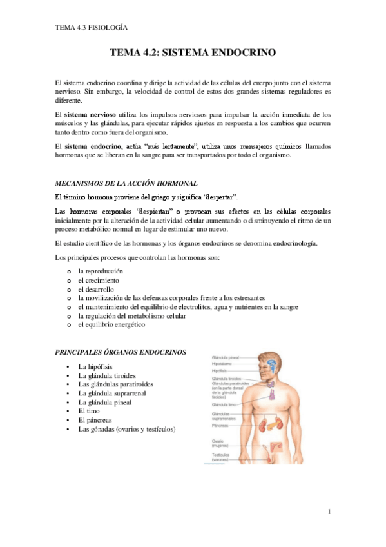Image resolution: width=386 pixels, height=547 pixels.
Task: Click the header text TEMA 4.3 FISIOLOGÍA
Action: [91, 28]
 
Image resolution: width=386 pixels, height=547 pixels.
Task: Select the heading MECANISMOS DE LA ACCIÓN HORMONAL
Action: [122, 184]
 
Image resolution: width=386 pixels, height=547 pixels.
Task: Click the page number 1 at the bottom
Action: [329, 512]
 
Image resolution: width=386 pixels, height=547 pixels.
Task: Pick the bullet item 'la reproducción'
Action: [100, 272]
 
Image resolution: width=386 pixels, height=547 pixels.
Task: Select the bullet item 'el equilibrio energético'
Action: [111, 325]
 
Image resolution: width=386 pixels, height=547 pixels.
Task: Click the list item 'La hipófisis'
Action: [95, 366]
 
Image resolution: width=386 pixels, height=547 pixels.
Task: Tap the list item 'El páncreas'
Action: [95, 420]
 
